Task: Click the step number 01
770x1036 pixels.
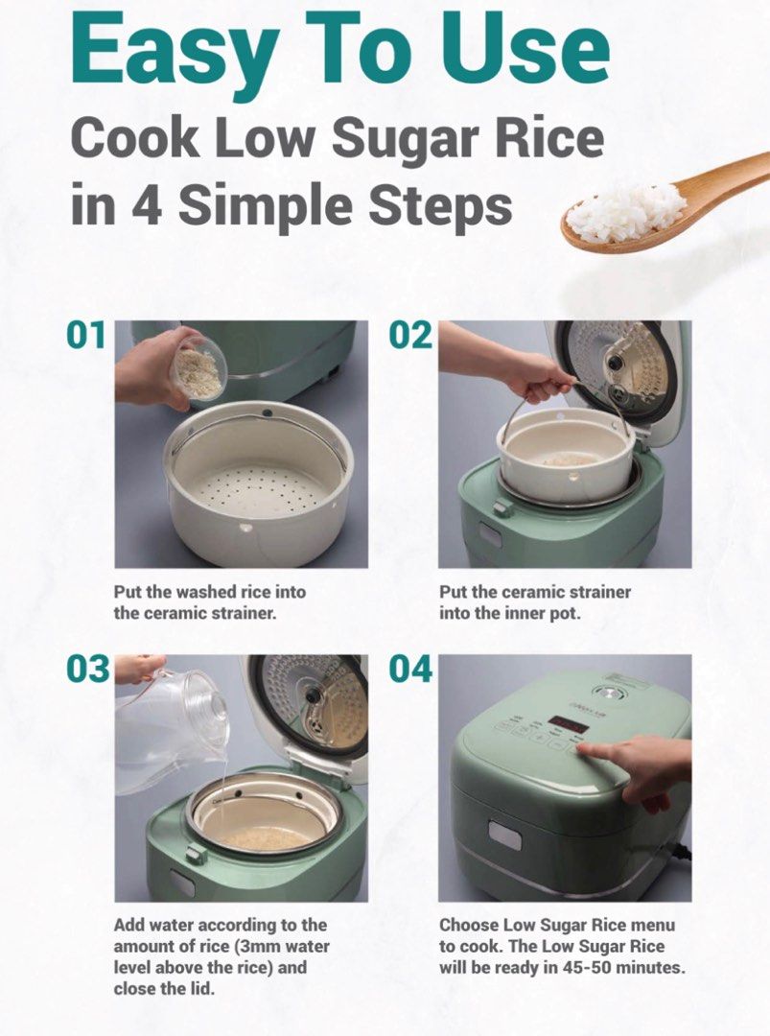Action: click(x=85, y=335)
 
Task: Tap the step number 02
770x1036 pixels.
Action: click(x=409, y=335)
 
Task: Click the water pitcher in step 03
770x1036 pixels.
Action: click(x=171, y=721)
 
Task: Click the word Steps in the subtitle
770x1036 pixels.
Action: click(x=440, y=205)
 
